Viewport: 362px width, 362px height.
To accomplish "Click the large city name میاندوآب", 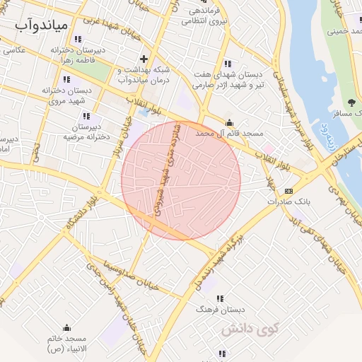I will coord(43,25).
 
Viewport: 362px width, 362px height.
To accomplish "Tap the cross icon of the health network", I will coord(144,59).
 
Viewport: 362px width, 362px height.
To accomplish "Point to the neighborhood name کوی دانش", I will coord(250,329).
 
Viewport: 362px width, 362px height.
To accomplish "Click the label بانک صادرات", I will coord(289,202).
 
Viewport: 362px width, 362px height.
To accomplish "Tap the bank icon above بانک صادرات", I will coord(288,191).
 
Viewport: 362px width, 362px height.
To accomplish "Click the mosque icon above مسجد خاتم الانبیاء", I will coord(66,327).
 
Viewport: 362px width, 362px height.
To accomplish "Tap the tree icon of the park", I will coord(351,103).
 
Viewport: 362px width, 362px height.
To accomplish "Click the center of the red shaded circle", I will coord(181,180).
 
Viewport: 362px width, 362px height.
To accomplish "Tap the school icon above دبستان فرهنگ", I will coord(220,299).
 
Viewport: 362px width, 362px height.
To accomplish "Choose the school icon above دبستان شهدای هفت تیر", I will coord(226,64).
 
